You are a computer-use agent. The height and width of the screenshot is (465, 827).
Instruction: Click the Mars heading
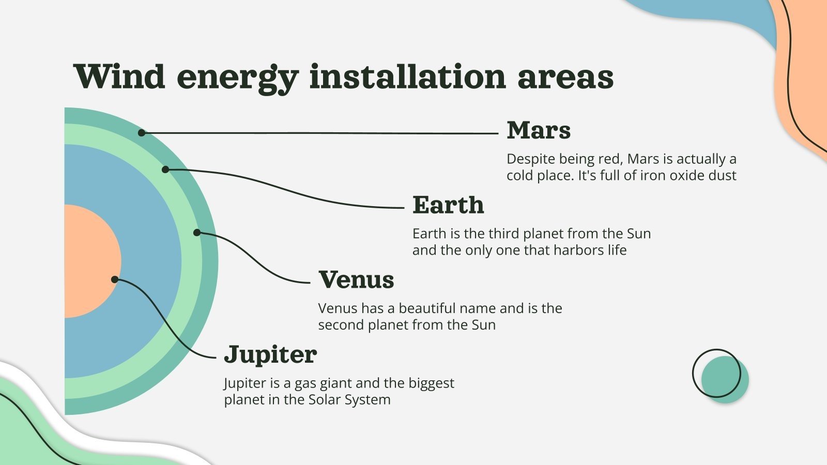(539, 130)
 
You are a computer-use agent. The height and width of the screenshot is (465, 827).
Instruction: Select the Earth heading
(448, 205)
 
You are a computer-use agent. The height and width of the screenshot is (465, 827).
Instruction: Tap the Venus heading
(356, 280)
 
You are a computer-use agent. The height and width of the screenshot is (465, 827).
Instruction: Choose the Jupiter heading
(270, 355)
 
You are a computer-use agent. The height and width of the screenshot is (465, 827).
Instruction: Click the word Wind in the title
(119, 76)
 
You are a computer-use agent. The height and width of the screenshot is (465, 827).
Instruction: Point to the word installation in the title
(407, 76)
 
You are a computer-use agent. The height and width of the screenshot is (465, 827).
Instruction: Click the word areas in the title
(565, 76)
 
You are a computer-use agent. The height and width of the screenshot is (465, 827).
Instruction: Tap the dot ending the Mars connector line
(142, 133)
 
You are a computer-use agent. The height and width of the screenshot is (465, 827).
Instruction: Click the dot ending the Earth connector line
(165, 169)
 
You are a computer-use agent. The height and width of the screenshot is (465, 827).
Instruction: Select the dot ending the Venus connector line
(197, 233)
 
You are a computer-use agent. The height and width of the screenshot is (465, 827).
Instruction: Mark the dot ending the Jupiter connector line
(115, 280)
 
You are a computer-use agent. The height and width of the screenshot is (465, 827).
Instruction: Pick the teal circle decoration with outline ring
(725, 379)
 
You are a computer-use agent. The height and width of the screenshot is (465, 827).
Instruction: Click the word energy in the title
(237, 76)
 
